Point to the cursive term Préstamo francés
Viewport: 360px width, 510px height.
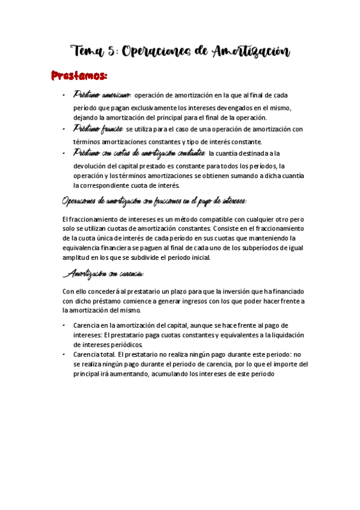click(98, 129)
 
